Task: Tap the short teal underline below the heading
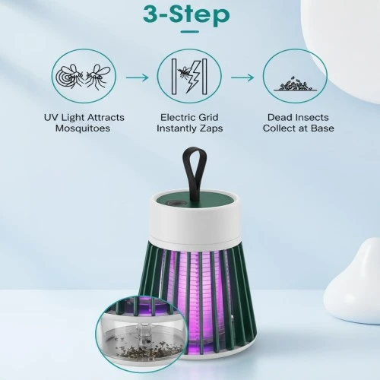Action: pos(190,32)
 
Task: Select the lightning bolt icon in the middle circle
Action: pos(192,77)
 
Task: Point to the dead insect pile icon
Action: pos(295,84)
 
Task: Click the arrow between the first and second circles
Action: pos(137,78)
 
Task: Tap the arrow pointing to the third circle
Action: pos(242,78)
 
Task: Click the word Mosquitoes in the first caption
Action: pos(83,128)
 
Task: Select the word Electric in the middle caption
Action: pos(177,117)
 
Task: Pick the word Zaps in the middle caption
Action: pos(211,128)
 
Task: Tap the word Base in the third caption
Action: pos(322,128)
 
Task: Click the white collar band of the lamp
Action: pos(195,226)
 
